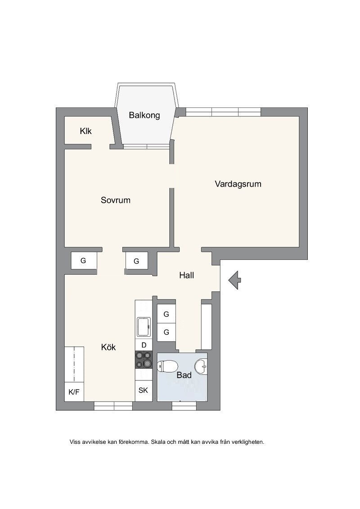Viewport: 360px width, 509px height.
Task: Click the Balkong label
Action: click(x=144, y=115)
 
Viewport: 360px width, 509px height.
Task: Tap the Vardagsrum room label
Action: click(x=238, y=184)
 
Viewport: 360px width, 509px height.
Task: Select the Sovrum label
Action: click(x=115, y=200)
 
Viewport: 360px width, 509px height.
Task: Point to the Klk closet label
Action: click(x=86, y=131)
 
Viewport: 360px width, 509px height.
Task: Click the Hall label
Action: click(x=186, y=275)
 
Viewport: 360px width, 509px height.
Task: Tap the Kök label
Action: click(x=108, y=347)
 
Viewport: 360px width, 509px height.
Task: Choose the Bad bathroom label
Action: click(x=184, y=375)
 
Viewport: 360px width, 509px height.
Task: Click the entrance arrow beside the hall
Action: click(x=234, y=280)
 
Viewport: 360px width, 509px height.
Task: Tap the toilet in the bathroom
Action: click(x=167, y=367)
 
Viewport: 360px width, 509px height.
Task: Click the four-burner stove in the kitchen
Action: click(x=144, y=360)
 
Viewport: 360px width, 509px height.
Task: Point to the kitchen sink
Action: click(x=144, y=327)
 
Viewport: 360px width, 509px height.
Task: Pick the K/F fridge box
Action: click(x=74, y=392)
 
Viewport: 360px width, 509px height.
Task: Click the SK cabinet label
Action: click(x=143, y=390)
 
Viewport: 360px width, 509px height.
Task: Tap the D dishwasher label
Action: click(x=144, y=345)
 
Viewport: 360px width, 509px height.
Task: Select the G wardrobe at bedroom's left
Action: click(x=84, y=260)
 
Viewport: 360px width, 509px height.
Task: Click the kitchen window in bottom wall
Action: click(x=113, y=406)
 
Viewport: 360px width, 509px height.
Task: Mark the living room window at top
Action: click(x=223, y=112)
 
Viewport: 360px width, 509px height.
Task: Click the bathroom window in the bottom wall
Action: click(x=184, y=406)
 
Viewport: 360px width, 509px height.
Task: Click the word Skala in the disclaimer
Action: click(x=158, y=442)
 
